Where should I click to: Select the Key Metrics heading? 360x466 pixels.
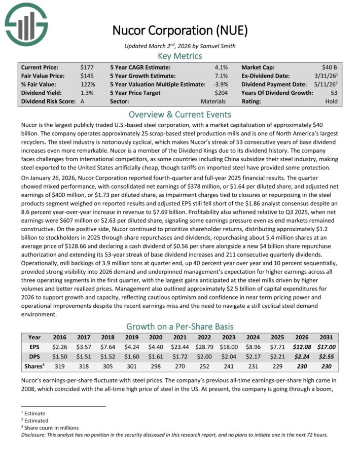click(180, 56)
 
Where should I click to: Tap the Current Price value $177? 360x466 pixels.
click(87, 67)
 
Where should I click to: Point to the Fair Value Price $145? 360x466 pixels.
click(87, 76)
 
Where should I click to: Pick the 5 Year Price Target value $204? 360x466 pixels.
click(221, 93)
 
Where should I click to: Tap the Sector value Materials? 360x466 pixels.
click(213, 101)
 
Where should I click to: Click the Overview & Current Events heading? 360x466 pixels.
click(180, 115)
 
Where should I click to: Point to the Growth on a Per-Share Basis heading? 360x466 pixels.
click(180, 327)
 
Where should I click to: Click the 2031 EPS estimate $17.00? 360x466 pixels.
click(325, 347)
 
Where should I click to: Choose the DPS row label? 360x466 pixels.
click(34, 357)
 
